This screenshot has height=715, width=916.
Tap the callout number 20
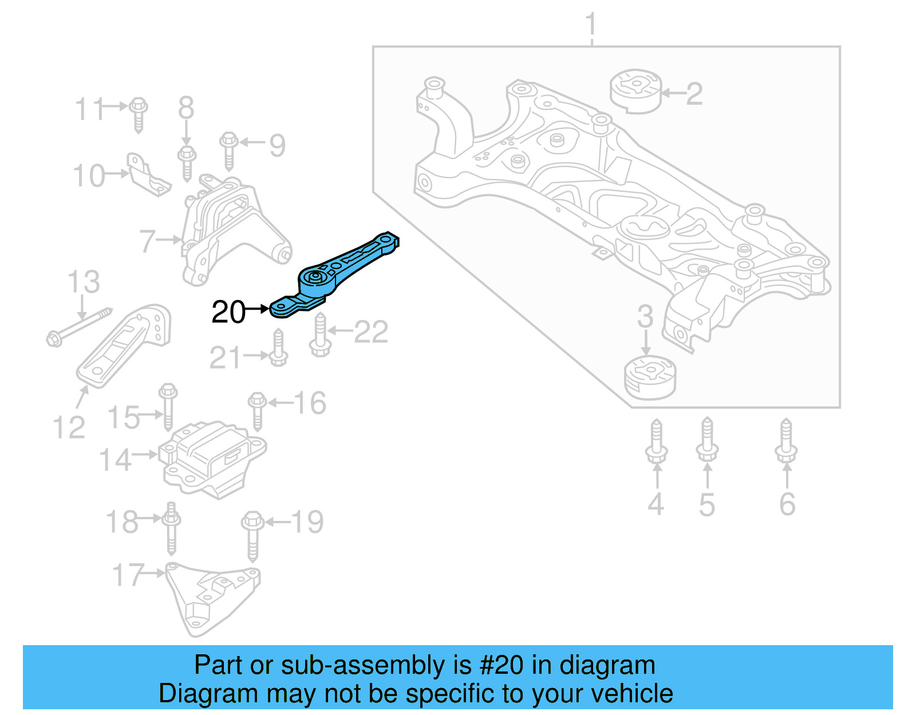click(228, 312)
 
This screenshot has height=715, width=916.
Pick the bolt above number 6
click(786, 441)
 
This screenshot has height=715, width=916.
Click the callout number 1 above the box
click(591, 25)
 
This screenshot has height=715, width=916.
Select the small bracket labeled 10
click(147, 175)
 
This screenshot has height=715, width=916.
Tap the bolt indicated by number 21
click(278, 349)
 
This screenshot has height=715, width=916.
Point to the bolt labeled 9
click(228, 150)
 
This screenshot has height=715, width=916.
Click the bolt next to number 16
click(257, 410)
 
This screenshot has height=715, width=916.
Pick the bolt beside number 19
click(252, 535)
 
